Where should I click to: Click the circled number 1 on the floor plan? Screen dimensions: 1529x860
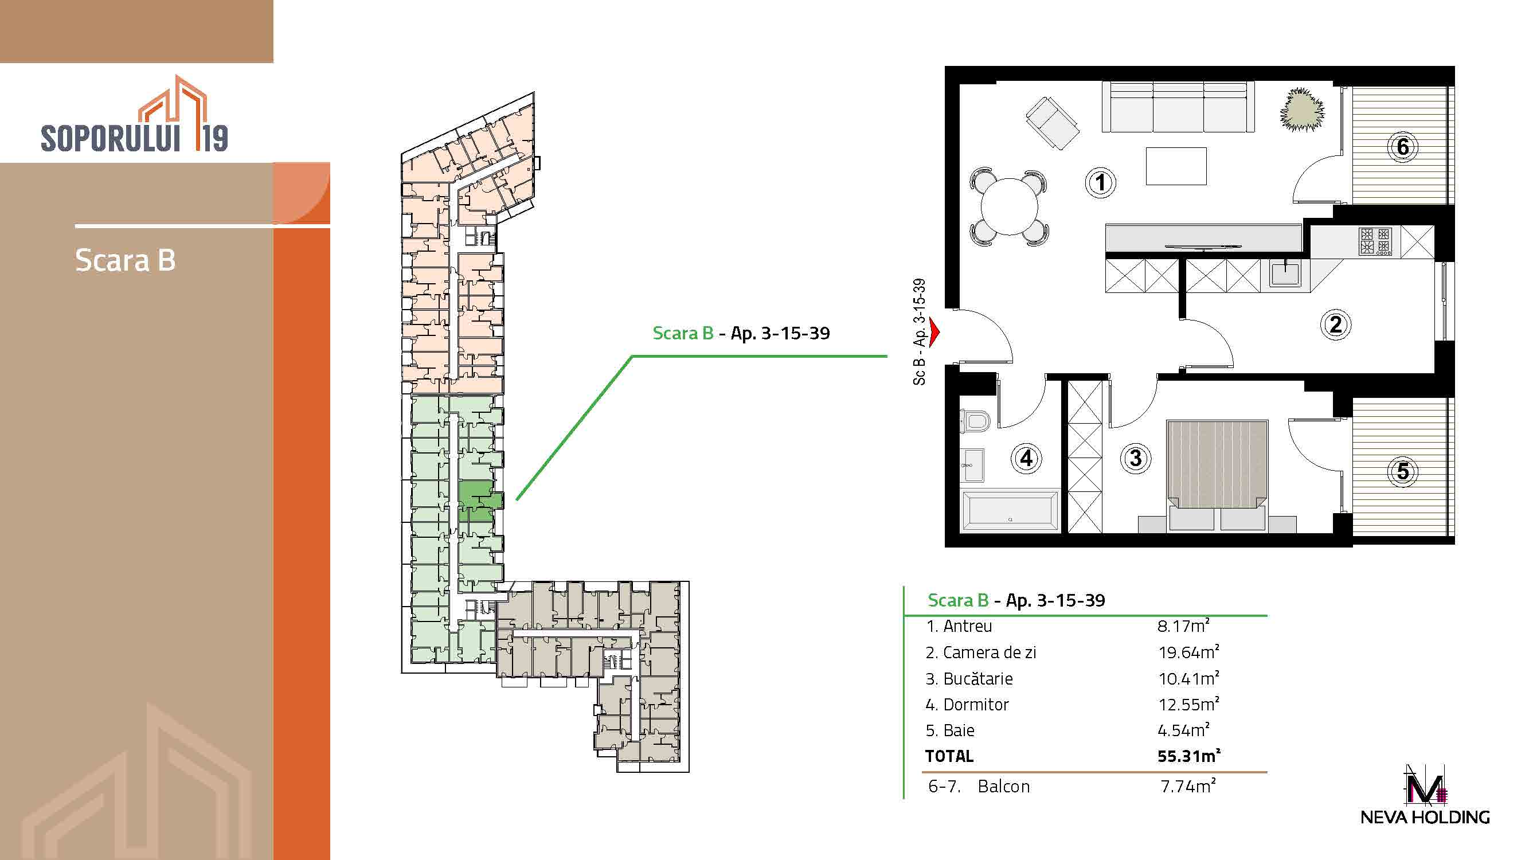(x=1100, y=182)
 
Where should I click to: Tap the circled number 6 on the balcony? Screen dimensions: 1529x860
(x=1402, y=147)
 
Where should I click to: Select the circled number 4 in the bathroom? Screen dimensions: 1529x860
(x=1026, y=458)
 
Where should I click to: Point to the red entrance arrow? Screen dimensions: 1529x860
(x=935, y=333)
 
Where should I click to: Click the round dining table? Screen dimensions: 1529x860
(x=1009, y=207)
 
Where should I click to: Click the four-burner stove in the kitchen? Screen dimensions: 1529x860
(x=1375, y=241)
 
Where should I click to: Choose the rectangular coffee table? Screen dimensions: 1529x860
(x=1176, y=166)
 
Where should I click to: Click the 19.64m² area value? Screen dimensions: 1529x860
(x=1188, y=652)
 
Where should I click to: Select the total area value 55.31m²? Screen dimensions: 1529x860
(x=1188, y=756)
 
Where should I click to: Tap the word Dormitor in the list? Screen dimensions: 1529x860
(x=976, y=705)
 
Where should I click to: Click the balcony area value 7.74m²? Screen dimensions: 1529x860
(x=1188, y=786)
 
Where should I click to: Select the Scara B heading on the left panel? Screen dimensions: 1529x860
(x=125, y=260)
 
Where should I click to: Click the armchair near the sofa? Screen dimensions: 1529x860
(x=1053, y=123)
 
